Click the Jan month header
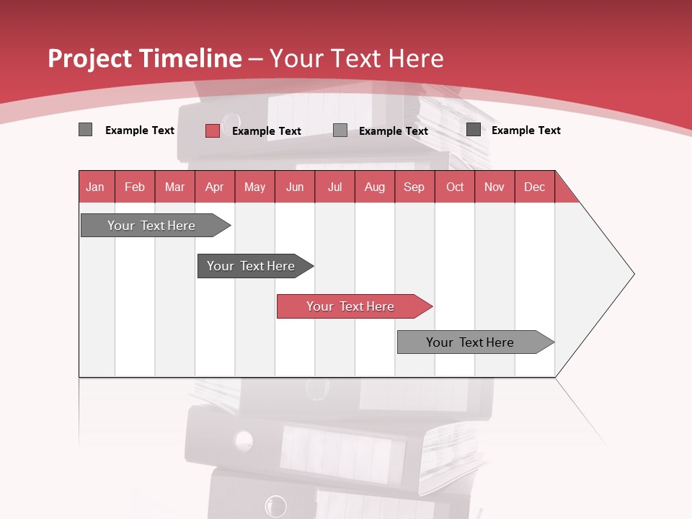(96, 187)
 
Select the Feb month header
(135, 187)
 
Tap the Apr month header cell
(215, 187)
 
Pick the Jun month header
(295, 187)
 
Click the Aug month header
(375, 187)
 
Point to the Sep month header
(414, 187)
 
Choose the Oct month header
(455, 187)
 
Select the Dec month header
(535, 187)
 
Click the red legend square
(212, 130)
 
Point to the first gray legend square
(85, 130)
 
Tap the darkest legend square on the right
(474, 130)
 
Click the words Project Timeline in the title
(145, 58)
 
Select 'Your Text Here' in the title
(357, 58)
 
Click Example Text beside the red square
(267, 131)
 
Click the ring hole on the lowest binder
(275, 505)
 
